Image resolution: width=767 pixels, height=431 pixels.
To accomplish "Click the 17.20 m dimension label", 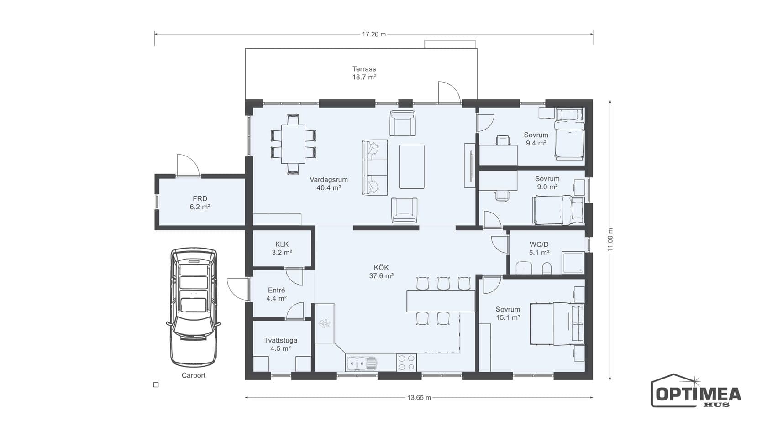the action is [374, 34].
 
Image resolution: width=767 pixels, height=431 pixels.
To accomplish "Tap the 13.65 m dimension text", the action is [419, 398].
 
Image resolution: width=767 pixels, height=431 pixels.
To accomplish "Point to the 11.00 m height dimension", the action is [610, 240].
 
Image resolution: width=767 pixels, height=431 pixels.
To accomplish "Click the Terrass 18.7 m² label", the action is [364, 73].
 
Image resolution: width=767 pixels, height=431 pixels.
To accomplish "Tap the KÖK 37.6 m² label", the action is [381, 272].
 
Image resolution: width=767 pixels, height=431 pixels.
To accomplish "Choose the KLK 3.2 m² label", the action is [282, 248].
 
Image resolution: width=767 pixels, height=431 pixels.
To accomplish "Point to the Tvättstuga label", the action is [280, 340].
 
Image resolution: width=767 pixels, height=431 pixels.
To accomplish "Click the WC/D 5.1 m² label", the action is [539, 248].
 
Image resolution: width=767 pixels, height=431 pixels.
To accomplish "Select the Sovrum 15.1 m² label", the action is [508, 313].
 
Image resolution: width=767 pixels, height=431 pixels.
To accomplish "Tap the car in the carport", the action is [194, 307].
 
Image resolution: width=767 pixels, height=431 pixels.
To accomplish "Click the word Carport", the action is [194, 375].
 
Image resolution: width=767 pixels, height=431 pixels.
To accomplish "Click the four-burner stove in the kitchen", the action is [406, 363].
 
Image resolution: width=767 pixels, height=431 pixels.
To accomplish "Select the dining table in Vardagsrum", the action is [293, 144].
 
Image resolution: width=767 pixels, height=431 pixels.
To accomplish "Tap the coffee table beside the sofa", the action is [412, 166].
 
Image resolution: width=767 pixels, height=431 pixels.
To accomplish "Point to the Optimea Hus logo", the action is [696, 390].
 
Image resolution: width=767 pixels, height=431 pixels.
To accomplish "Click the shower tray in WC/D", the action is [573, 263].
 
